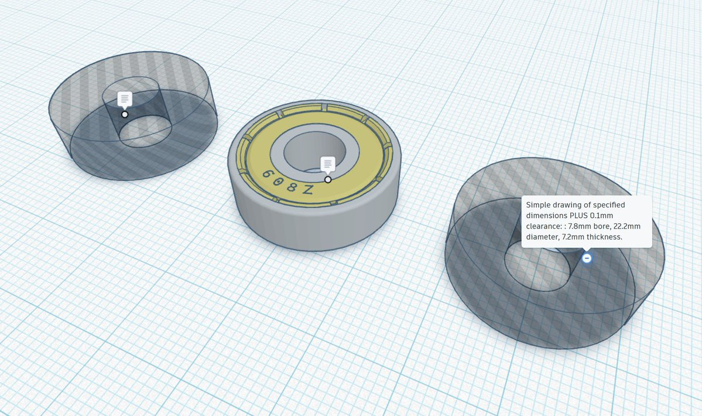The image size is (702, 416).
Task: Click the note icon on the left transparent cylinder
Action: [125, 99]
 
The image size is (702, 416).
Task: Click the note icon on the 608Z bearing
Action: [328, 164]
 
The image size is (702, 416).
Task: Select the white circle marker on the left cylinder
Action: [125, 114]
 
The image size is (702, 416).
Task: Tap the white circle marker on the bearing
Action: [328, 179]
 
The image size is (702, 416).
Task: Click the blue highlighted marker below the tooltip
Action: [587, 258]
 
